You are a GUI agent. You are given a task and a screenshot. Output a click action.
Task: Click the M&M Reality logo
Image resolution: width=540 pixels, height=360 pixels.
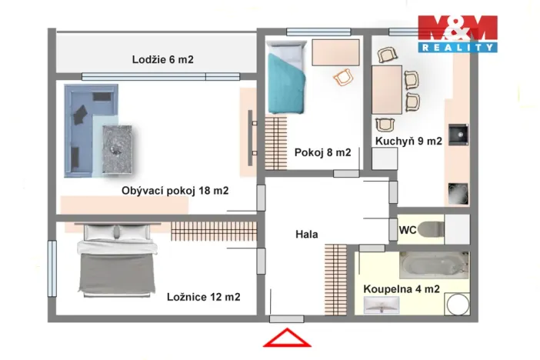coord(457,33)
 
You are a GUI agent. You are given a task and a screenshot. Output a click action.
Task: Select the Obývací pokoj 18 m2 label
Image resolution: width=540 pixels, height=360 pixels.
coord(175,191)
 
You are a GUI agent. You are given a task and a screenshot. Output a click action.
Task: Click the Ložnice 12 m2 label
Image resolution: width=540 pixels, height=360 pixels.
coord(203,297)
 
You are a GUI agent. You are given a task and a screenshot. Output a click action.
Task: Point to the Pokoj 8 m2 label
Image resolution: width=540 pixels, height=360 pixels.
coord(322,152)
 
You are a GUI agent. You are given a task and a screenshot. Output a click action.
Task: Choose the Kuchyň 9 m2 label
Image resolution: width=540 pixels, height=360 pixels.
coord(408,142)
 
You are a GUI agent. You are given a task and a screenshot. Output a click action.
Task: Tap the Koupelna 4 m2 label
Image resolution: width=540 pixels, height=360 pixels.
coord(401,289)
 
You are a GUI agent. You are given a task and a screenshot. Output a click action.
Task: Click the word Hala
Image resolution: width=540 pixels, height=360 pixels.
coord(306,234)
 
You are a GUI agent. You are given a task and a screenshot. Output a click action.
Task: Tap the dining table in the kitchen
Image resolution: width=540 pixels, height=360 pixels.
coord(387,89)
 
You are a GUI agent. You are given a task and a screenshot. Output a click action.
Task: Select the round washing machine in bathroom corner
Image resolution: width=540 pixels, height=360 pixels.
coord(458,305)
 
